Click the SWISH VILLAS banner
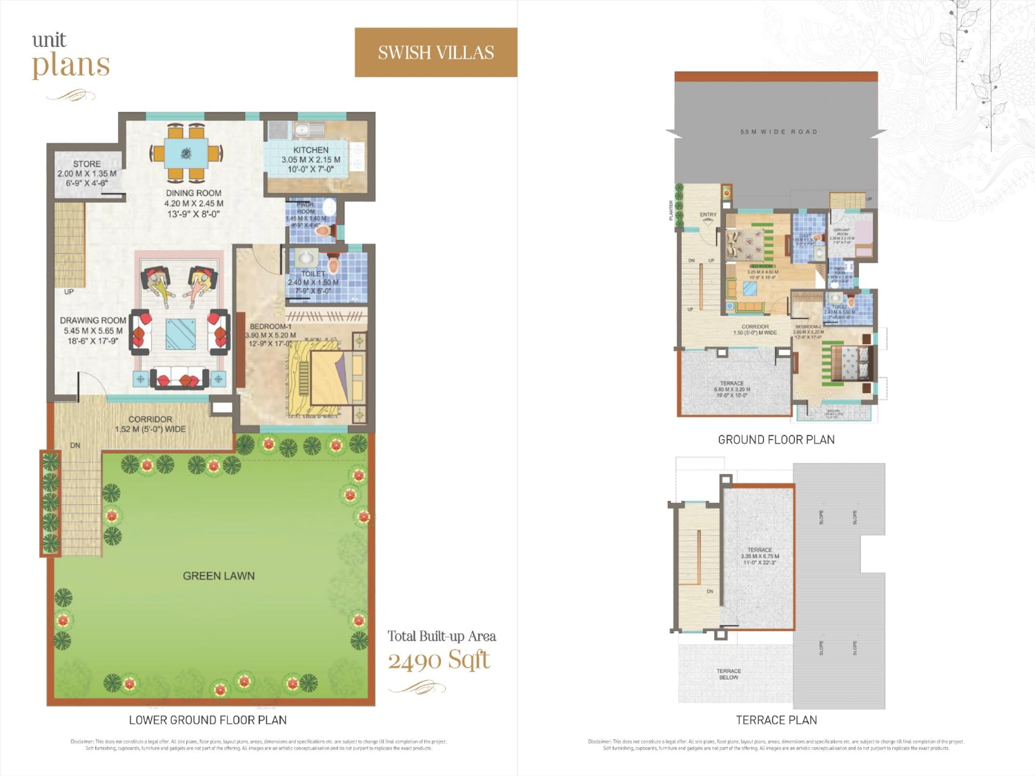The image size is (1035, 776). click(436, 52)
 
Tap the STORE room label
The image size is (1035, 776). click(87, 164)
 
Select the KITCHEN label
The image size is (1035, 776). click(310, 150)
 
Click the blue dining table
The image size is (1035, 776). click(186, 153)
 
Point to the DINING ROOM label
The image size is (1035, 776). click(194, 193)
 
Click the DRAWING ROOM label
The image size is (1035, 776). click(93, 321)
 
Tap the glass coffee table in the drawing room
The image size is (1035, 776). click(181, 334)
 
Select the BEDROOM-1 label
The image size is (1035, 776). click(270, 326)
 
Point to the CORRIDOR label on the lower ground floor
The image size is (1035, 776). click(150, 419)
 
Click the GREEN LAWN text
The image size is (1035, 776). click(219, 576)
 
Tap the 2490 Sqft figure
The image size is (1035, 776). click(439, 661)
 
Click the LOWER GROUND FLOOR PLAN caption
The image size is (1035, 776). click(208, 720)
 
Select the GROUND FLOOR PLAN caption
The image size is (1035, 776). click(776, 440)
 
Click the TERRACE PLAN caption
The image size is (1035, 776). click(776, 720)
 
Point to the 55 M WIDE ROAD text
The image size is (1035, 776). click(778, 132)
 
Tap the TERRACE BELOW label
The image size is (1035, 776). click(729, 674)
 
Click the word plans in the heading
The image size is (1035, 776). click(71, 66)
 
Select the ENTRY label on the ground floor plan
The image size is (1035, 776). click(708, 215)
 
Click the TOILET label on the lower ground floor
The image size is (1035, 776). click(313, 274)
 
